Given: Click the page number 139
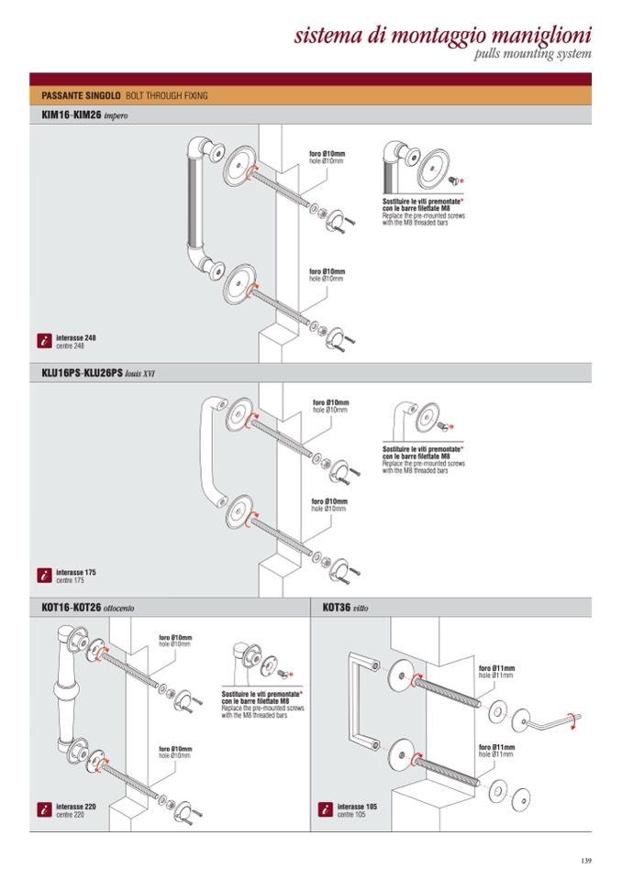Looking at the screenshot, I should click(x=586, y=859).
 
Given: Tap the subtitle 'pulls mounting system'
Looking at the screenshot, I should click(x=532, y=55).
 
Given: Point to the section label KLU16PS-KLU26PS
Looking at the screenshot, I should click(x=82, y=373).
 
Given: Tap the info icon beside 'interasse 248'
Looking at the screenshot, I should click(x=43, y=341).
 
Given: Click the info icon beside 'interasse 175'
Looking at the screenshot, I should click(x=43, y=576).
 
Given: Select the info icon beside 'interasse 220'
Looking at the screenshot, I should click(x=43, y=810).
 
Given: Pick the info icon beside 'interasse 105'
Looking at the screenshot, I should click(x=325, y=810).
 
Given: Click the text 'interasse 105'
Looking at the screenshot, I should click(x=357, y=807).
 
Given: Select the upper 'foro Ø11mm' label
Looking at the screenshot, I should click(x=496, y=669).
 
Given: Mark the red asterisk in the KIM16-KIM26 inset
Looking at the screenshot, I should click(x=461, y=181).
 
